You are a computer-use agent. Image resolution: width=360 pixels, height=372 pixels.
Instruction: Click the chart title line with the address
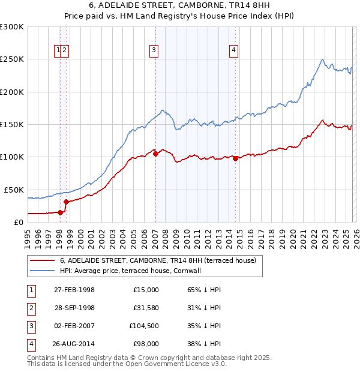(179, 5)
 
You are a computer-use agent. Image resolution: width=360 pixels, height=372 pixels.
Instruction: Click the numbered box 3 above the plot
(154, 50)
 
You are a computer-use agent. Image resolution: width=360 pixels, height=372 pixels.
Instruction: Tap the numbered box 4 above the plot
(233, 50)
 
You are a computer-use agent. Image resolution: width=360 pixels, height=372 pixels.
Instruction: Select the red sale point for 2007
(155, 154)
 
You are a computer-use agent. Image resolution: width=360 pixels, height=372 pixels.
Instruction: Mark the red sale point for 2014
(236, 158)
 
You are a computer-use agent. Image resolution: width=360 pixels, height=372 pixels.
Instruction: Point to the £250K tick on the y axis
(13, 59)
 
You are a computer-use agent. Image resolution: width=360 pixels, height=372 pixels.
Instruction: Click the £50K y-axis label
(13, 190)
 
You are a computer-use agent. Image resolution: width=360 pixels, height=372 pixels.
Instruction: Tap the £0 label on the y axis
(18, 222)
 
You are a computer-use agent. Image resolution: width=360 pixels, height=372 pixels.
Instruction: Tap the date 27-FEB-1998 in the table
(74, 290)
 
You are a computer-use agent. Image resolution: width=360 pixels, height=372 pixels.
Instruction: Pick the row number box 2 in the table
(31, 308)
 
